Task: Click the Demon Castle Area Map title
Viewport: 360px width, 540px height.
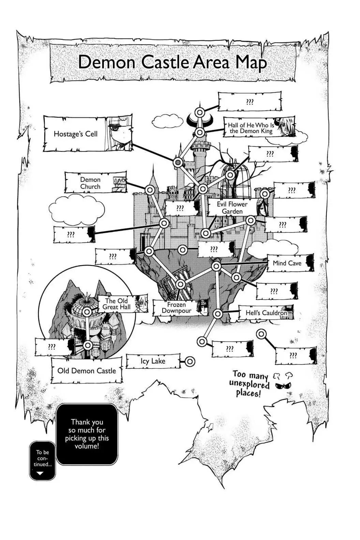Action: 172,62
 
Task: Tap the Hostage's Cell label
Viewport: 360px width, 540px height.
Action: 75,134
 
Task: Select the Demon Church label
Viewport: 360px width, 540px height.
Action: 90,183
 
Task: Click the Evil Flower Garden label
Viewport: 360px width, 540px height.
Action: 232,208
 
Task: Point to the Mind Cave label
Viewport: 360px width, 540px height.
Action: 287,263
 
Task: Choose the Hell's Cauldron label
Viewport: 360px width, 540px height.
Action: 267,313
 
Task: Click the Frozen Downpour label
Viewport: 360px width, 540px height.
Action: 177,307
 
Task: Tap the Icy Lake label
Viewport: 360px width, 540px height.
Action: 153,361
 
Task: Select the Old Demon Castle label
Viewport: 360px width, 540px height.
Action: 87,371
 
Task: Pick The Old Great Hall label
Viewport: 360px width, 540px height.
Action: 117,304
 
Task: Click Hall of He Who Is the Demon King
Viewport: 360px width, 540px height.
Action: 251,128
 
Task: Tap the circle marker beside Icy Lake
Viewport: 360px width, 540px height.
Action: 190,361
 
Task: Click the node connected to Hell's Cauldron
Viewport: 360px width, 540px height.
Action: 218,314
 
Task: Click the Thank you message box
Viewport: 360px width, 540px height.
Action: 87,434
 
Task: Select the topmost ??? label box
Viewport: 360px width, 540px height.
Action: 250,102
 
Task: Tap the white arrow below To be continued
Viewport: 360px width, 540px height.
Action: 40,473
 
